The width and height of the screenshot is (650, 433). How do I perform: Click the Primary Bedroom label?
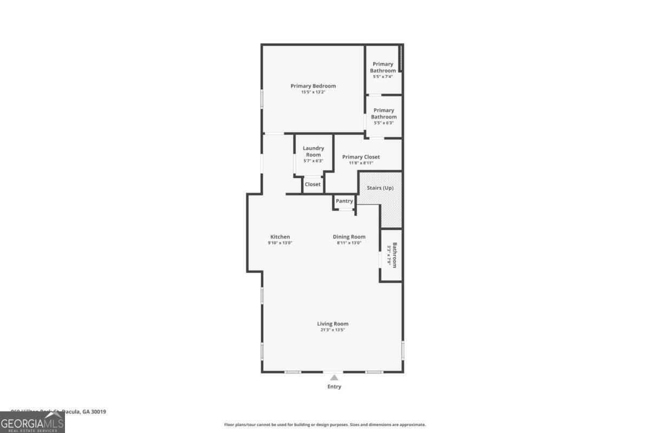pyautogui.click(x=313, y=86)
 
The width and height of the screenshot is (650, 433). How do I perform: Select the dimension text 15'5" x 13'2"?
pyautogui.click(x=313, y=93)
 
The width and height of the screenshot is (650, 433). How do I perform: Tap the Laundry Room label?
pyautogui.click(x=313, y=152)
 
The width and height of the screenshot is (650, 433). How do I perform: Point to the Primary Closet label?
pyautogui.click(x=361, y=157)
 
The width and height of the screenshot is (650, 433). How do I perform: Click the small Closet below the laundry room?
pyautogui.click(x=313, y=185)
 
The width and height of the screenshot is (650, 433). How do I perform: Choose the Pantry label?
pyautogui.click(x=344, y=201)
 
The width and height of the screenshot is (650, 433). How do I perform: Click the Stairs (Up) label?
pyautogui.click(x=380, y=188)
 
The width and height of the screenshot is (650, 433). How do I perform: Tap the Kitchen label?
pyautogui.click(x=280, y=237)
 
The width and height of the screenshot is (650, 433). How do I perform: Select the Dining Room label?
pyautogui.click(x=349, y=237)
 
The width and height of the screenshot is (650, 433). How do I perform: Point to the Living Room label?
pyautogui.click(x=333, y=324)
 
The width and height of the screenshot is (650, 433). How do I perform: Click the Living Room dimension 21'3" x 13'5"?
pyautogui.click(x=333, y=330)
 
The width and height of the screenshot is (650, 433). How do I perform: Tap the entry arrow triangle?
pyautogui.click(x=335, y=378)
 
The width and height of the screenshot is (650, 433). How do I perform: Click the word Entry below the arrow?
pyautogui.click(x=335, y=387)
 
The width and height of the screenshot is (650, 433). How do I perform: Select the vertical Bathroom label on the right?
pyautogui.click(x=394, y=255)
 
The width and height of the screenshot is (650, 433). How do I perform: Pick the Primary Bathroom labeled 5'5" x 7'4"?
pyautogui.click(x=383, y=68)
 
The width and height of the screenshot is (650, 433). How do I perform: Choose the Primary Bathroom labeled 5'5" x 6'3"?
pyautogui.click(x=383, y=114)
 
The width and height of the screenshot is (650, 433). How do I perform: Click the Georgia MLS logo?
pyautogui.click(x=32, y=422)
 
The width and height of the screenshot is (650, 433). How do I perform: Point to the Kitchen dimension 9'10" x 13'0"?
pyautogui.click(x=280, y=243)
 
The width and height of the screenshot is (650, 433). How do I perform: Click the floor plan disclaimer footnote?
pyautogui.click(x=325, y=425)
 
